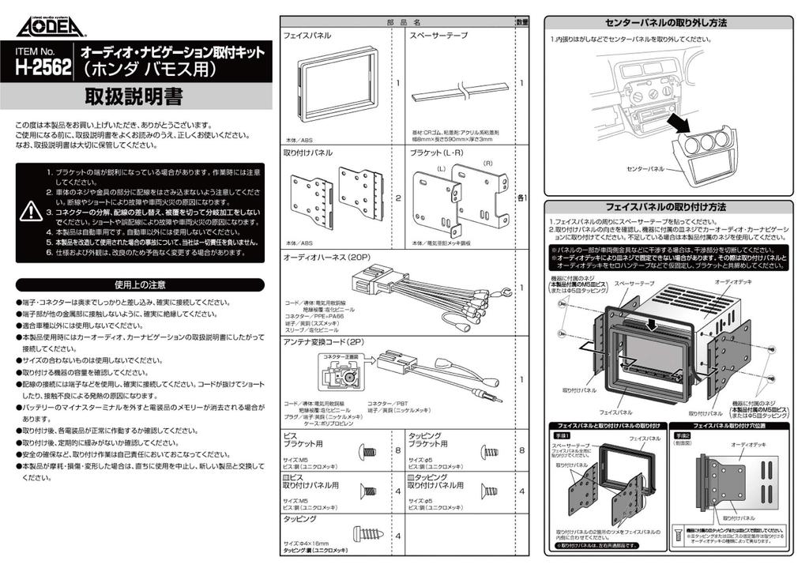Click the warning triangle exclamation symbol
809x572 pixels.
click(x=31, y=211)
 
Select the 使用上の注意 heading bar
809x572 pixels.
click(x=140, y=284)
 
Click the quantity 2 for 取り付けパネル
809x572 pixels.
click(x=397, y=198)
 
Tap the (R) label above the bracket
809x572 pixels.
click(x=487, y=163)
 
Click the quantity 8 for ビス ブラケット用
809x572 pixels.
click(x=397, y=450)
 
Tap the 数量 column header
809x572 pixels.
click(x=521, y=22)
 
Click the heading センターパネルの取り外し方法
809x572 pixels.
click(x=675, y=23)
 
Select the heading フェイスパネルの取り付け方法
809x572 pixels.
click(x=675, y=207)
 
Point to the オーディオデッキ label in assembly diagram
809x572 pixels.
click(x=731, y=281)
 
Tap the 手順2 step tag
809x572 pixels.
click(x=681, y=435)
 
